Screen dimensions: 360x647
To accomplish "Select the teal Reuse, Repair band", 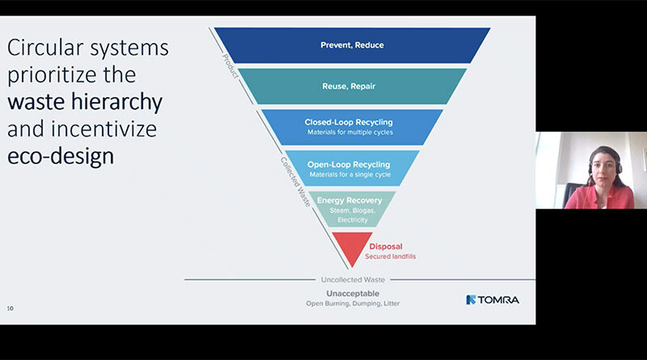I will click(x=351, y=85).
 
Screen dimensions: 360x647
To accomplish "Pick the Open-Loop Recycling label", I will click(x=349, y=164).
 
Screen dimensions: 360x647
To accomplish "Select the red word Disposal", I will click(x=386, y=246).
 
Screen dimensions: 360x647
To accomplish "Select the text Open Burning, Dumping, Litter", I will click(x=353, y=303).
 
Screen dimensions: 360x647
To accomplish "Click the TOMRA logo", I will click(x=493, y=299).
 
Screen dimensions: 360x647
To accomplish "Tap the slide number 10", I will click(x=11, y=308).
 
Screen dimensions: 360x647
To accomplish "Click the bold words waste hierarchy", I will click(x=85, y=103).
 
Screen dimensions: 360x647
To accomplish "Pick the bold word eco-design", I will click(x=61, y=155).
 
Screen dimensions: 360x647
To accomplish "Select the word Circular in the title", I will click(x=44, y=49).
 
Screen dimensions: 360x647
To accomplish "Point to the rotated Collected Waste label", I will click(x=295, y=181).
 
